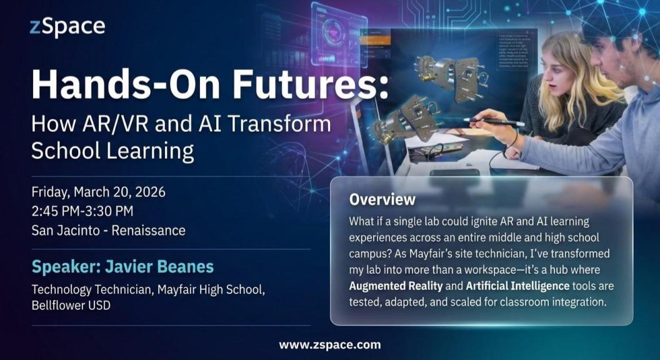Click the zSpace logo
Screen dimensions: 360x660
(x=67, y=27)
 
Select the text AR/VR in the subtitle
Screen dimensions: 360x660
(x=106, y=124)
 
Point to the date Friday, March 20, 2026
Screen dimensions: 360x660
(x=98, y=192)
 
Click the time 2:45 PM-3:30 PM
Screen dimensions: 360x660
(x=82, y=211)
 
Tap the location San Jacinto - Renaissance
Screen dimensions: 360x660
(x=108, y=230)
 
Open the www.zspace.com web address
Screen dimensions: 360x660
(x=329, y=344)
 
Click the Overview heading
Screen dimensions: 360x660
(x=382, y=200)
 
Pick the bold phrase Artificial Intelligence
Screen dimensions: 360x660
(x=518, y=286)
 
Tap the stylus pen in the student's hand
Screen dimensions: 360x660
(x=494, y=122)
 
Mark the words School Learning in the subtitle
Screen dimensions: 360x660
(x=112, y=151)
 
